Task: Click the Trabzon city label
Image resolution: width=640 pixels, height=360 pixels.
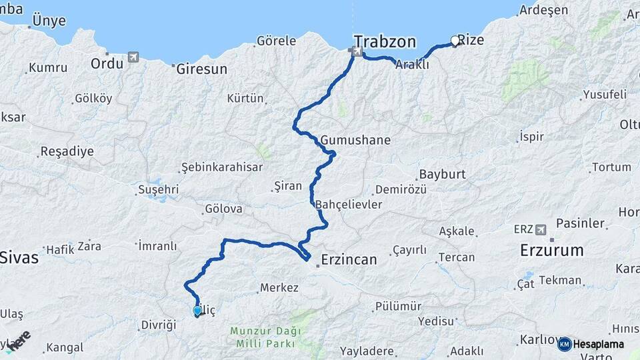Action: pyautogui.click(x=385, y=41)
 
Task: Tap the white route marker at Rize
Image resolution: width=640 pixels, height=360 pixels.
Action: pyautogui.click(x=455, y=41)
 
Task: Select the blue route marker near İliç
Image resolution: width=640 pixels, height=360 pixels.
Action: pyautogui.click(x=197, y=311)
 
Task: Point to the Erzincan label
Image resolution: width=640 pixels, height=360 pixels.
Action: pyautogui.click(x=349, y=259)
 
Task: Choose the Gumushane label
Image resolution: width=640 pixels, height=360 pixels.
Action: pyautogui.click(x=355, y=141)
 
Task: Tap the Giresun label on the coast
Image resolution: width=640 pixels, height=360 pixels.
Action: pyautogui.click(x=202, y=69)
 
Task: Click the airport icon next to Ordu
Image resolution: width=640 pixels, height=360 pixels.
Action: pyautogui.click(x=133, y=57)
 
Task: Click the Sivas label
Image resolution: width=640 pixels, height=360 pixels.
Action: pyautogui.click(x=20, y=257)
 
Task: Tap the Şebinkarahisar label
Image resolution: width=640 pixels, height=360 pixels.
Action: pyautogui.click(x=222, y=167)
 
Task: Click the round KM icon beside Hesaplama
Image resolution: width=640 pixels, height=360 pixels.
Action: pyautogui.click(x=564, y=344)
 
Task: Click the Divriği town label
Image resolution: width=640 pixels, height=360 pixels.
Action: pyautogui.click(x=159, y=325)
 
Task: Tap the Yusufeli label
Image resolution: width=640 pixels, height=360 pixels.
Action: pyautogui.click(x=605, y=95)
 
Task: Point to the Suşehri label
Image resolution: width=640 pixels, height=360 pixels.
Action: pyautogui.click(x=158, y=189)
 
